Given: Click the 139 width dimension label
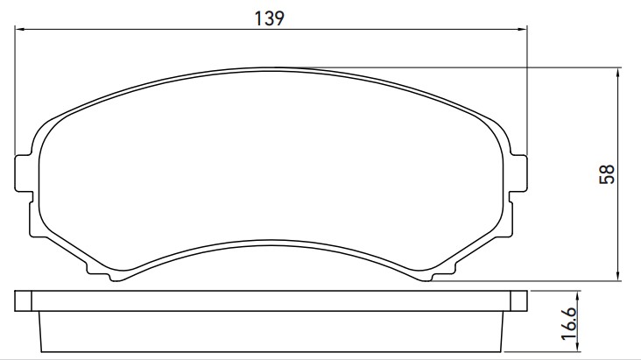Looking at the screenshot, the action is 269,18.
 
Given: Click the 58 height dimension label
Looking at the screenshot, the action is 607,173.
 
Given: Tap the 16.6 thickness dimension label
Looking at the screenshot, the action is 569,323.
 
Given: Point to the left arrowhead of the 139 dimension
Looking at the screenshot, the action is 19,30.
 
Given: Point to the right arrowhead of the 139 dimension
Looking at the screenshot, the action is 523,30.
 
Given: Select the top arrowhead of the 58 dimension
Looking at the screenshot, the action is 618,73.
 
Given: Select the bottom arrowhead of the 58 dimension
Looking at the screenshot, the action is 618,276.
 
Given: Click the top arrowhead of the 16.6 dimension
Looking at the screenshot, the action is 578,296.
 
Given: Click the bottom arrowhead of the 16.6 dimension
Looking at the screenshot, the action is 578,347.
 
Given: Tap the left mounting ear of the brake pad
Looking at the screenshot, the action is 24,173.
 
